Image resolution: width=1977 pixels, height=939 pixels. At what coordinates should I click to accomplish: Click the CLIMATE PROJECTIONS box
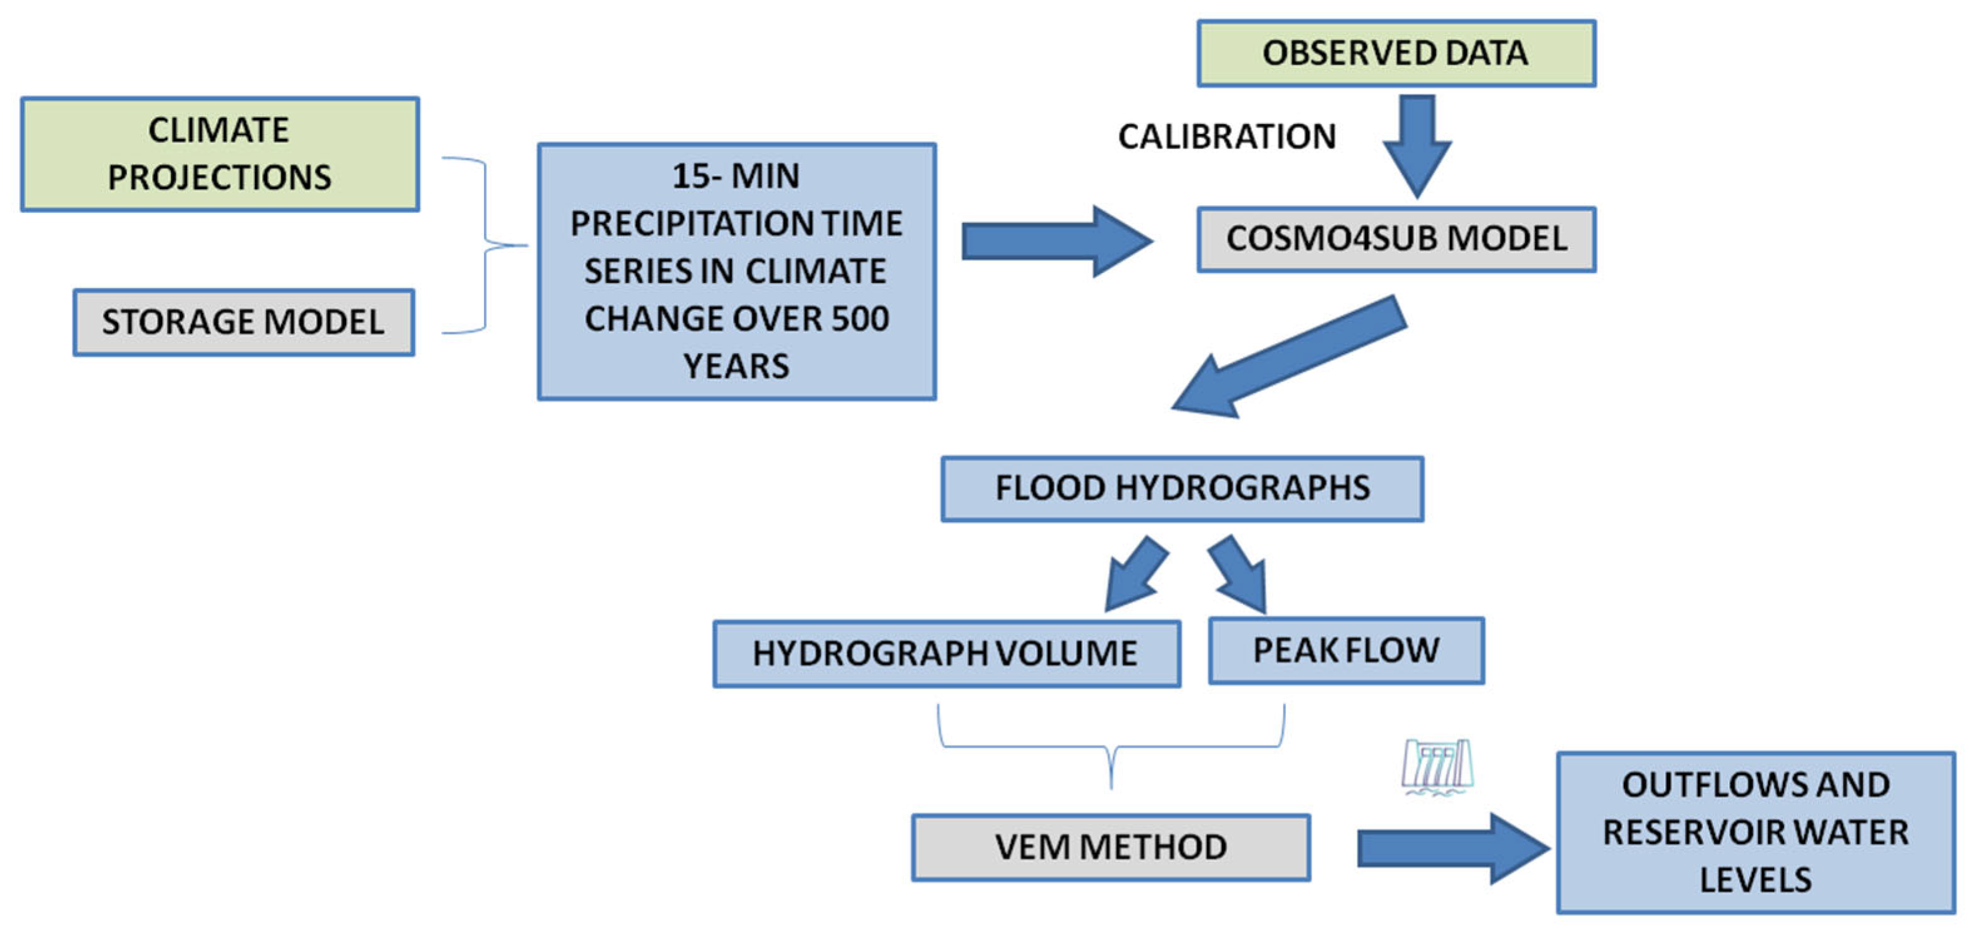[x=220, y=154]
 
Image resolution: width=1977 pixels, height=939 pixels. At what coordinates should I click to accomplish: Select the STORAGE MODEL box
[x=244, y=322]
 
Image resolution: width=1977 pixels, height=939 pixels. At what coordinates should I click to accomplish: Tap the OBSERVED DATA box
[x=1395, y=54]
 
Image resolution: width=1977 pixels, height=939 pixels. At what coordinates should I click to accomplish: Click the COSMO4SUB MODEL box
[x=1395, y=239]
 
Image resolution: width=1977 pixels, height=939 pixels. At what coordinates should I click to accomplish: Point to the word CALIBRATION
[x=1226, y=137]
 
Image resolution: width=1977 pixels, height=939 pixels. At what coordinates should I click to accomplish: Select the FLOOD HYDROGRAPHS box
[x=1182, y=489]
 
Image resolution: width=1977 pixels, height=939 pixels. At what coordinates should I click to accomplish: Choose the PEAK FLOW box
[x=1345, y=650]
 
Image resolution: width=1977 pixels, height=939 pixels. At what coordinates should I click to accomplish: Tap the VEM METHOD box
[x=1110, y=847]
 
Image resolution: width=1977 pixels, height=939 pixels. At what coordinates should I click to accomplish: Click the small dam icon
[x=1436, y=766]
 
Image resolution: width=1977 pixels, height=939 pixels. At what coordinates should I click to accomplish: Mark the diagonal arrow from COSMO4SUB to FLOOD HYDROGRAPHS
[x=1290, y=357]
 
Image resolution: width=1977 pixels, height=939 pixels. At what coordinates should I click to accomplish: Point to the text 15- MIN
[x=735, y=177]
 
